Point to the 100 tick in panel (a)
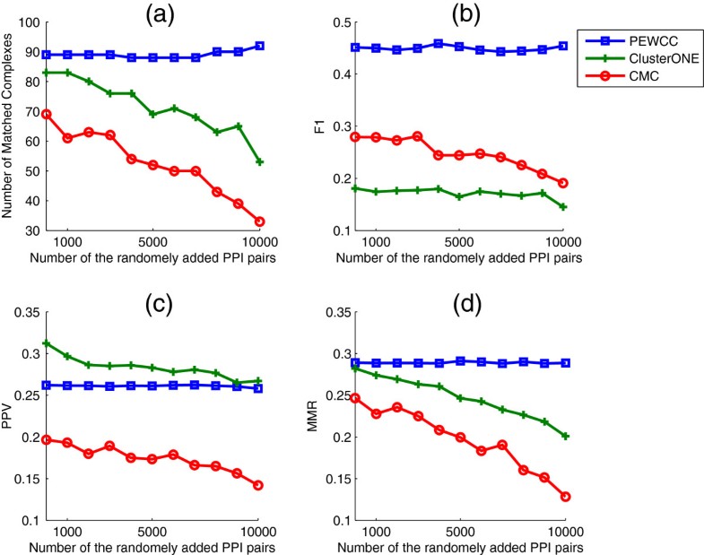point(28,22)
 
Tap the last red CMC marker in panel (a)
point(259,221)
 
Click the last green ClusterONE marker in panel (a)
point(259,162)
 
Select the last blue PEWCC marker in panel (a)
point(259,46)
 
